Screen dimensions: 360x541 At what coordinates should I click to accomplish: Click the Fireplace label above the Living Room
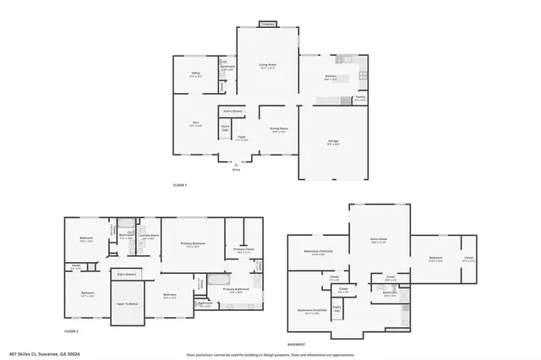[x=266, y=25]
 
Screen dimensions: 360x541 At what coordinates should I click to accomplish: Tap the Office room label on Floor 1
[x=194, y=74]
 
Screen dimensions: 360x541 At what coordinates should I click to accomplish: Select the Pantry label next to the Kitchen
[x=360, y=97]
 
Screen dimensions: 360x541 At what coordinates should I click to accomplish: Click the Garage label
[x=333, y=141]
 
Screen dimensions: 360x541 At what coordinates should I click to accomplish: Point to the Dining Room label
[x=277, y=128]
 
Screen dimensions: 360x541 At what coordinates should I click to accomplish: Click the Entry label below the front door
[x=236, y=170]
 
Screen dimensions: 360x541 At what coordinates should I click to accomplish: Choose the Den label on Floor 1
[x=194, y=123]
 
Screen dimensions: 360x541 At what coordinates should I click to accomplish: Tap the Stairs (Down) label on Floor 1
[x=232, y=111]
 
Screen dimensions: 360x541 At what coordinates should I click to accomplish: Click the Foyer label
[x=241, y=137]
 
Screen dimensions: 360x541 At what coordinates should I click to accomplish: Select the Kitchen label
[x=331, y=77]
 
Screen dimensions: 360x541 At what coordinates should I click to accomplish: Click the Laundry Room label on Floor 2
[x=148, y=237]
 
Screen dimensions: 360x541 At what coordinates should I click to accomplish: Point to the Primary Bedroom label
[x=193, y=243]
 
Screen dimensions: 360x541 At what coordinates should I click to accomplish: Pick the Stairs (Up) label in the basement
[x=337, y=308]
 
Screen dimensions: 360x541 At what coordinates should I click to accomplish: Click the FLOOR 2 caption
[x=72, y=330]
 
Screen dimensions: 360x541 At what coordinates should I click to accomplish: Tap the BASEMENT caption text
[x=296, y=345]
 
